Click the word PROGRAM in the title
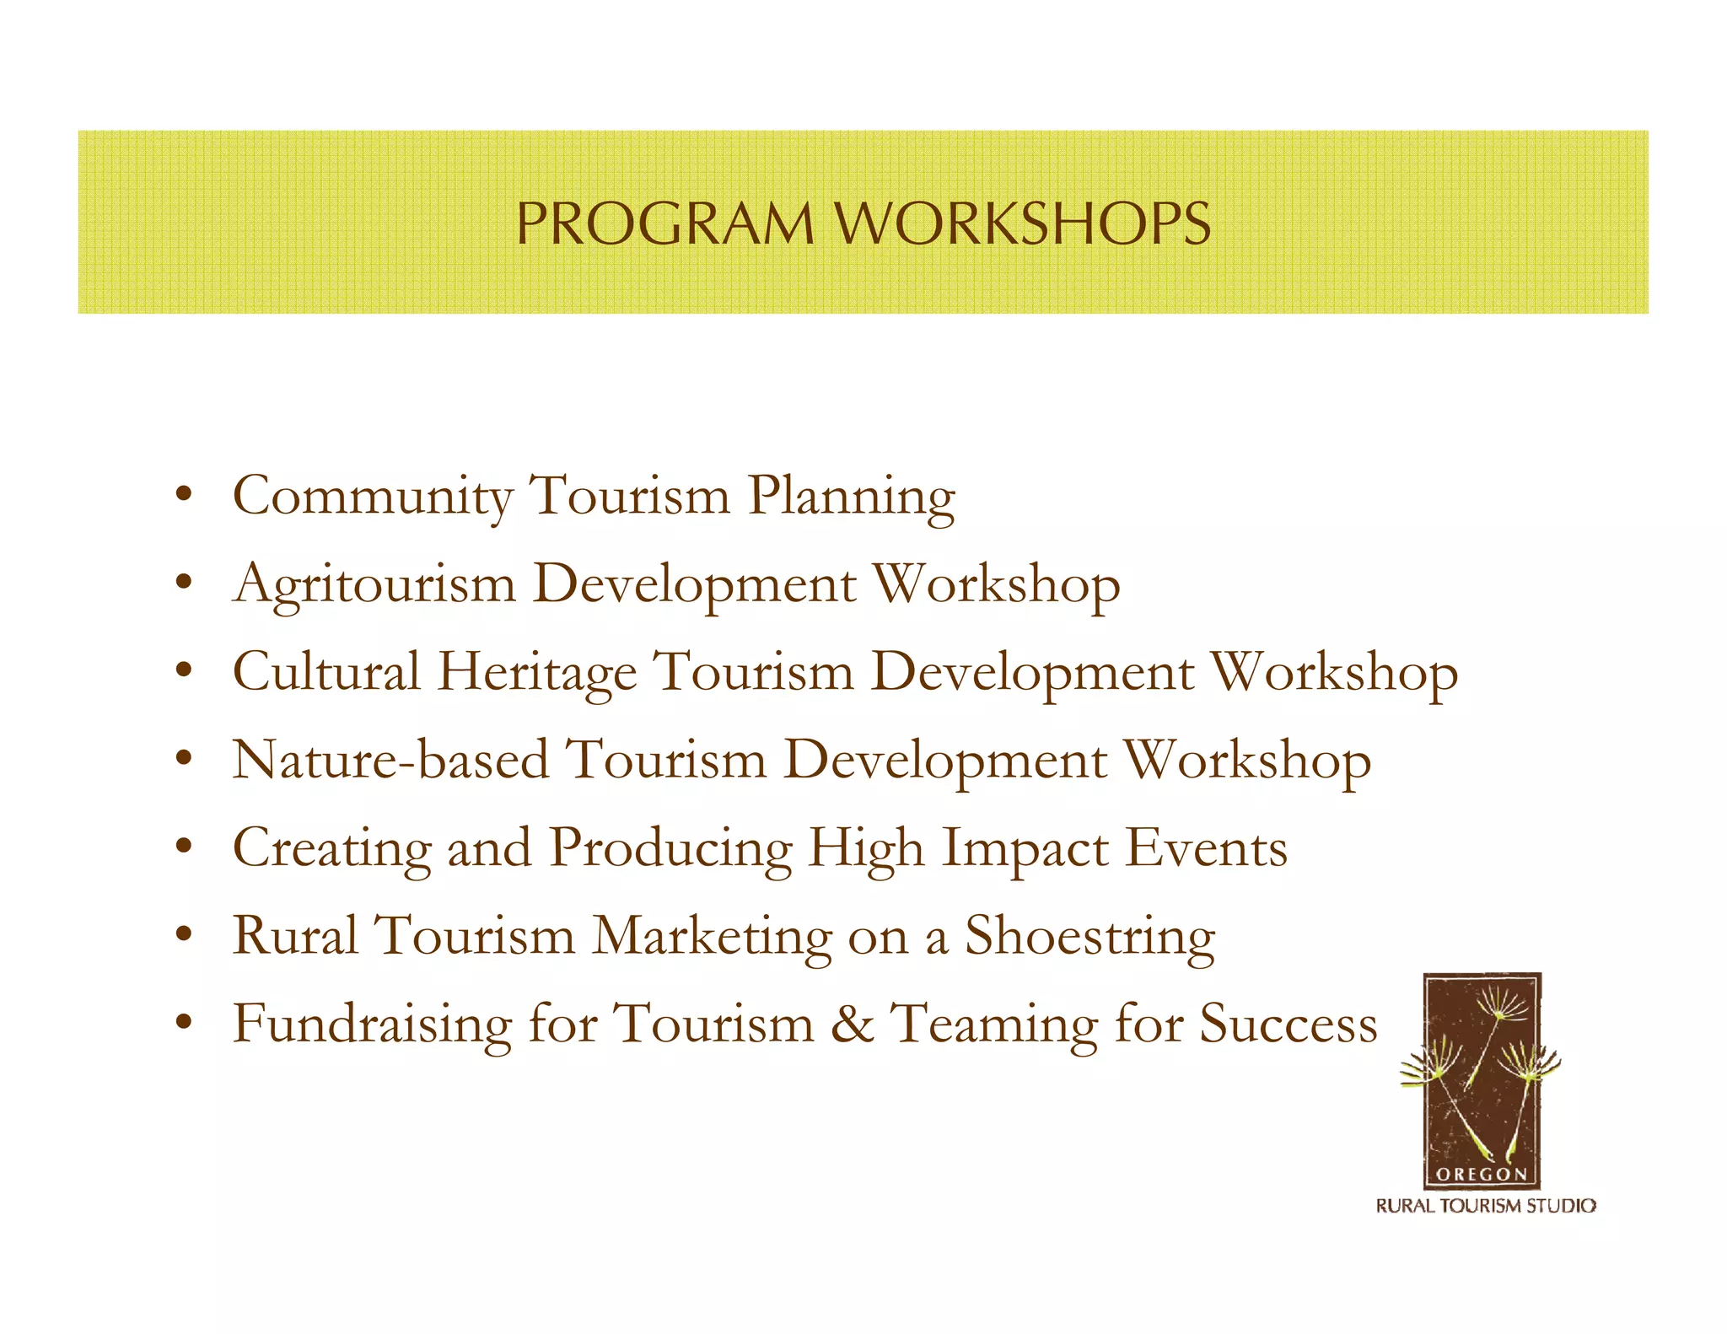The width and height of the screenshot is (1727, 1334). (664, 224)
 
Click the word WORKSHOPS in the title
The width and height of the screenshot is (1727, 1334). (1022, 224)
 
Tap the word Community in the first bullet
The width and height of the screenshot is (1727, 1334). (372, 496)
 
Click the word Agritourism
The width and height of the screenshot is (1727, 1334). (374, 585)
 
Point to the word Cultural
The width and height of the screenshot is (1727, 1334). (325, 672)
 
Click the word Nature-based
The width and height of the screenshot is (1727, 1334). (390, 760)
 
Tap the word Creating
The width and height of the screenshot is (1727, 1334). (331, 849)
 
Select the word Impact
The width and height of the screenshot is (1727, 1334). (1025, 849)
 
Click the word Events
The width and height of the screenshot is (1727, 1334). (1206, 847)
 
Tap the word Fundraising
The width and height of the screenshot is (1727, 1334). (372, 1025)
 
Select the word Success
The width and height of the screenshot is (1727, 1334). (1288, 1024)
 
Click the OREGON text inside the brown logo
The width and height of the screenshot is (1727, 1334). (1482, 1174)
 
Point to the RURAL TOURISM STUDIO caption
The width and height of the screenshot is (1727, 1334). (1486, 1206)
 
